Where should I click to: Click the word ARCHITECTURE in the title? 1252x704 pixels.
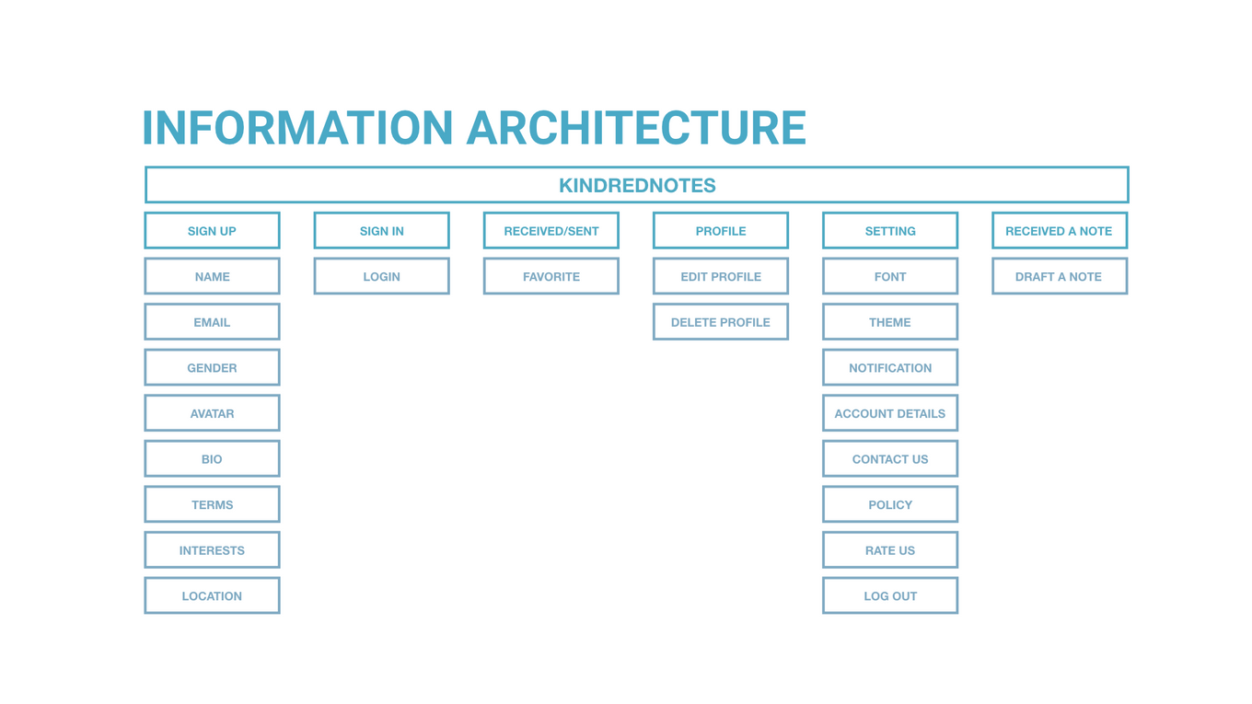pos(636,128)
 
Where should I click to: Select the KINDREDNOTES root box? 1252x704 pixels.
pos(636,185)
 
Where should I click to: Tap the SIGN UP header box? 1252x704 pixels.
pos(212,231)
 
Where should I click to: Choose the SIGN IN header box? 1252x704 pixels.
pos(381,231)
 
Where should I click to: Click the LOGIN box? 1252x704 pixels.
pos(381,276)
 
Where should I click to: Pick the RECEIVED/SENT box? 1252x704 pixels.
pos(551,231)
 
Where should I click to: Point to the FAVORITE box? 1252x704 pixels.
pos(551,276)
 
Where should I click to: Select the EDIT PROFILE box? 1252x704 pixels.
pos(720,276)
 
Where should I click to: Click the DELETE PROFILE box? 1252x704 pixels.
pos(720,322)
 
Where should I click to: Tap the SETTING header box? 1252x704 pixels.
pos(889,231)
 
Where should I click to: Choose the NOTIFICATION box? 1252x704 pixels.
pos(889,367)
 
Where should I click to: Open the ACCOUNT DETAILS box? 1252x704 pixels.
pos(889,413)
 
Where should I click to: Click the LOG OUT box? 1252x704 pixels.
pos(889,595)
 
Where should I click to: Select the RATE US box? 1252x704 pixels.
pos(889,550)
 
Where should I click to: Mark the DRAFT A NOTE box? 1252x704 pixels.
pos(1059,276)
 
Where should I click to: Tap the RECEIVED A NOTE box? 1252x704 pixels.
pos(1059,231)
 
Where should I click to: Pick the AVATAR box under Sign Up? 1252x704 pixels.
pos(212,413)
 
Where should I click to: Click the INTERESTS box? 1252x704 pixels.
pos(212,550)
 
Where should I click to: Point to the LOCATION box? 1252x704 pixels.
pos(212,595)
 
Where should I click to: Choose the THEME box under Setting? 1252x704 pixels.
pos(889,322)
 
